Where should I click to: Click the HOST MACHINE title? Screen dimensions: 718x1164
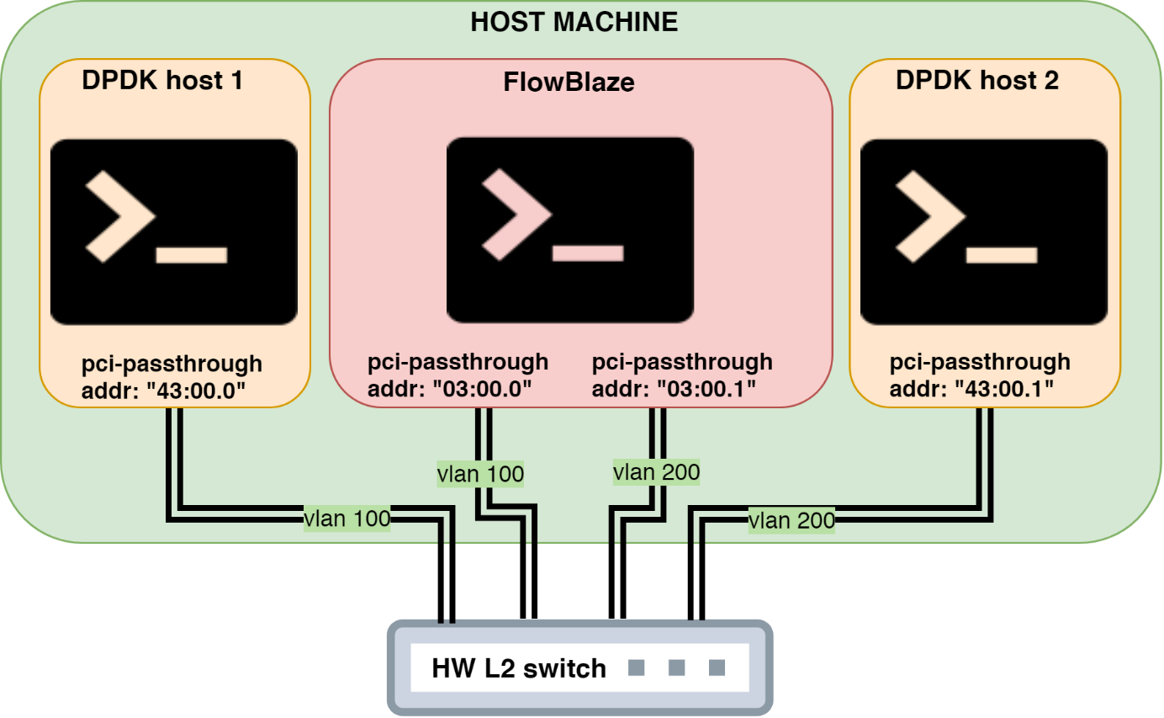click(x=574, y=22)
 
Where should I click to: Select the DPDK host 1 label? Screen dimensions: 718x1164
click(x=162, y=81)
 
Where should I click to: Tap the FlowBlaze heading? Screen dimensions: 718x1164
click(x=569, y=82)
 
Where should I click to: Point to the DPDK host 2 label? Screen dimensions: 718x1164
click(x=976, y=81)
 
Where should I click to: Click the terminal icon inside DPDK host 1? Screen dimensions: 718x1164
click(x=174, y=231)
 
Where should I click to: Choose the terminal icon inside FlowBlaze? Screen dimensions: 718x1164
click(x=569, y=230)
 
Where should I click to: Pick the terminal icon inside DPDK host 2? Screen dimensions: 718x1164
click(x=984, y=231)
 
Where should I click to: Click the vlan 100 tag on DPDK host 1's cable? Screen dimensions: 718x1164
click(x=347, y=519)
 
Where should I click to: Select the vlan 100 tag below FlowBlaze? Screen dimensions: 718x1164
click(x=480, y=474)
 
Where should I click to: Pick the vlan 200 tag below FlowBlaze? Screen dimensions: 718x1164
click(x=656, y=472)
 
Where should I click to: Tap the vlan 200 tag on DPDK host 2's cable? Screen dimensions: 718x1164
click(x=791, y=520)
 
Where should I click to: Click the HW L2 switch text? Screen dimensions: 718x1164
click(x=518, y=668)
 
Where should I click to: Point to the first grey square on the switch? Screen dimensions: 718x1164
click(x=636, y=668)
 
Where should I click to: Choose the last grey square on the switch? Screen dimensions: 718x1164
click(x=717, y=668)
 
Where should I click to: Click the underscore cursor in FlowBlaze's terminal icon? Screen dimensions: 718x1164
click(x=587, y=253)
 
